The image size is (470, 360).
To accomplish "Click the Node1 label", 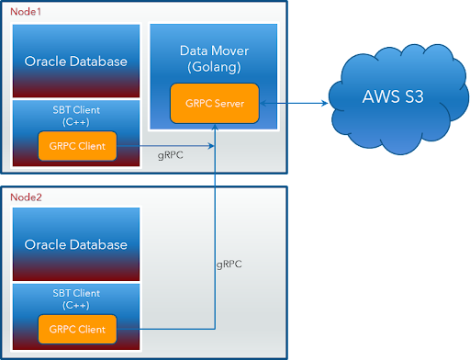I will [x=27, y=12].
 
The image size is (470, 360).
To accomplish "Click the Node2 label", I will [x=27, y=197].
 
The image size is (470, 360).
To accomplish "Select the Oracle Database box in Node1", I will [x=75, y=62].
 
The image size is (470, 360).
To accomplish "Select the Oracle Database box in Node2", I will [x=75, y=244].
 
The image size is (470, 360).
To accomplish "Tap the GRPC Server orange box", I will [x=214, y=103].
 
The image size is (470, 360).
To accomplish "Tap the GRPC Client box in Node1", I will [x=77, y=145].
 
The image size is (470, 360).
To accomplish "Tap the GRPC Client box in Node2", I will [x=77, y=328].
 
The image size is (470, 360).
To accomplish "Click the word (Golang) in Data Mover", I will [x=213, y=67].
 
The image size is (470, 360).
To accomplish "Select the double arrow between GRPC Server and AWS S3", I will [x=295, y=104].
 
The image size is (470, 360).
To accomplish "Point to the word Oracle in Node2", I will [x=45, y=244].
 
